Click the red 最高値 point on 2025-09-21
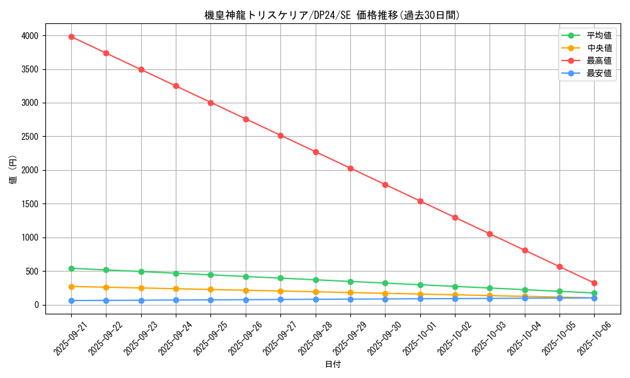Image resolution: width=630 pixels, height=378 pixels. click(x=71, y=37)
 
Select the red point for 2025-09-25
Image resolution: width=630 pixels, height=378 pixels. click(x=210, y=103)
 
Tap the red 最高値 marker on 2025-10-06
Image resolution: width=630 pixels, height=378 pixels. click(x=594, y=283)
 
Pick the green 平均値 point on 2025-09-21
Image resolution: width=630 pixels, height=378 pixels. click(x=71, y=268)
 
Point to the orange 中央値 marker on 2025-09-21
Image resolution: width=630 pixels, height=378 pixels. click(x=71, y=287)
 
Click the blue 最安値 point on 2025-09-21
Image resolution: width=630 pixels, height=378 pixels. click(x=71, y=301)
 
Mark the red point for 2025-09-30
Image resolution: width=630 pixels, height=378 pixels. click(x=385, y=185)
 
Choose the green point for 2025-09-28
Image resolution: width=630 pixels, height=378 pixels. click(x=316, y=280)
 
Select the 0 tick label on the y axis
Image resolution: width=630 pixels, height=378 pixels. click(x=37, y=305)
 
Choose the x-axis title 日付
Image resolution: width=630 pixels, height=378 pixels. click(x=333, y=365)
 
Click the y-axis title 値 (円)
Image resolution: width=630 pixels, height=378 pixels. click(x=13, y=170)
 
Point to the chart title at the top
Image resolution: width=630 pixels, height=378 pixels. click(x=333, y=15)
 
